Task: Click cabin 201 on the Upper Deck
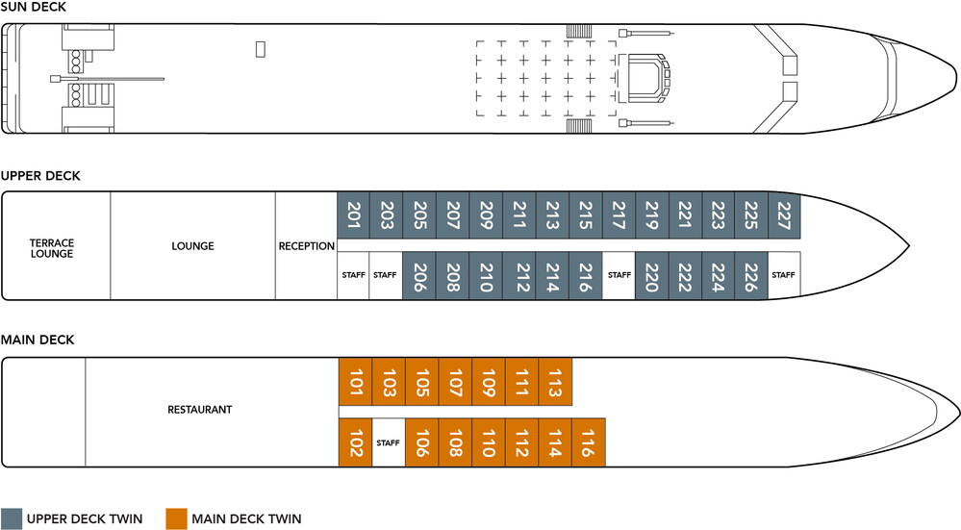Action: click(354, 215)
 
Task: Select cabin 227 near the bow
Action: click(784, 215)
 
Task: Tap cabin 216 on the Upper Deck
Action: click(585, 276)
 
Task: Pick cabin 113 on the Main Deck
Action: click(555, 382)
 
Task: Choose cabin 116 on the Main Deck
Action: click(589, 442)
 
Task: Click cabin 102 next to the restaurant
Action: click(356, 442)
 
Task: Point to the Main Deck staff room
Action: click(389, 442)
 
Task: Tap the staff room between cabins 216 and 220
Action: click(619, 276)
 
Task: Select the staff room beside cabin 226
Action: click(784, 276)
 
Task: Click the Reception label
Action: click(307, 246)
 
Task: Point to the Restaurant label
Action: click(200, 410)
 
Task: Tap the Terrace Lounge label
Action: click(52, 248)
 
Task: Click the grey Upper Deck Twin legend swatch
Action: click(11, 518)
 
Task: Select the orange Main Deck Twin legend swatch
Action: click(176, 518)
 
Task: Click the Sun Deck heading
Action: click(33, 7)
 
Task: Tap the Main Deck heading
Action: click(38, 340)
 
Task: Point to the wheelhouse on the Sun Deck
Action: click(644, 79)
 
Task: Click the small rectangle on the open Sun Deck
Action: click(261, 49)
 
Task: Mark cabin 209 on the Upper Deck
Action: click(486, 215)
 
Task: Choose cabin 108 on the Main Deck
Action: click(455, 442)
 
